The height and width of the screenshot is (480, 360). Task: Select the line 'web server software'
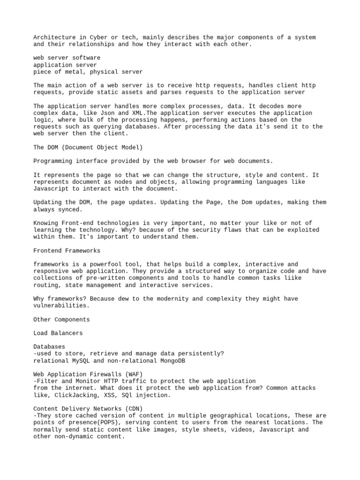pyautogui.click(x=67, y=58)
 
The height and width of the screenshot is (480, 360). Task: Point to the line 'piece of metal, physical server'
pyautogui.click(x=88, y=72)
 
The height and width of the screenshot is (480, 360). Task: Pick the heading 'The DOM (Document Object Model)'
pyautogui.click(x=88, y=147)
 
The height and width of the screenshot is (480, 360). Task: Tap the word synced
pyautogui.click(x=71, y=209)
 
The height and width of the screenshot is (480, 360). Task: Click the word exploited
pyautogui.click(x=298, y=230)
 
